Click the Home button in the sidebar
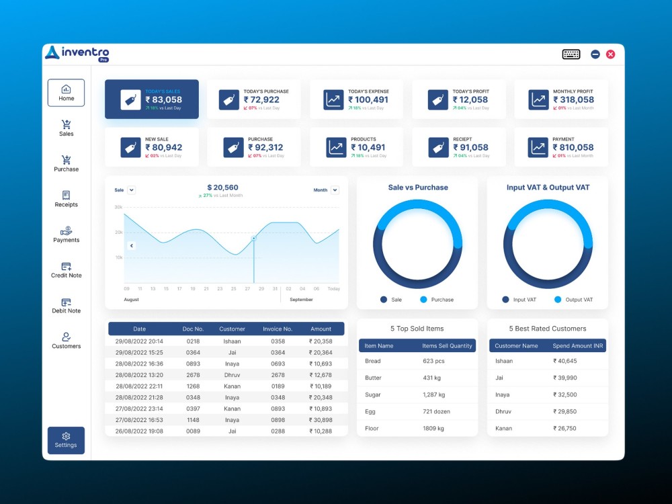(x=66, y=93)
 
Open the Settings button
(x=66, y=440)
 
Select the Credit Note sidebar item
(x=66, y=270)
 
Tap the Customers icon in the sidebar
(x=66, y=337)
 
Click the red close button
(x=610, y=54)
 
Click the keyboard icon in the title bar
(x=571, y=54)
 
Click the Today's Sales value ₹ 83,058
(x=163, y=99)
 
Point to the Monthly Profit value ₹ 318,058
(x=573, y=99)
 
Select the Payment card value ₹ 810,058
(x=573, y=147)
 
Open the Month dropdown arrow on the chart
(x=335, y=190)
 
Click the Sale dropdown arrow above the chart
(x=132, y=190)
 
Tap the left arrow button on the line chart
(x=132, y=246)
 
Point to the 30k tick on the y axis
(x=118, y=207)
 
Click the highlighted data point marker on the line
(x=254, y=238)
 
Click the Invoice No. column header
(x=278, y=329)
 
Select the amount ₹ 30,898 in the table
(x=320, y=420)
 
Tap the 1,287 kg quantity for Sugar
(x=433, y=394)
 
